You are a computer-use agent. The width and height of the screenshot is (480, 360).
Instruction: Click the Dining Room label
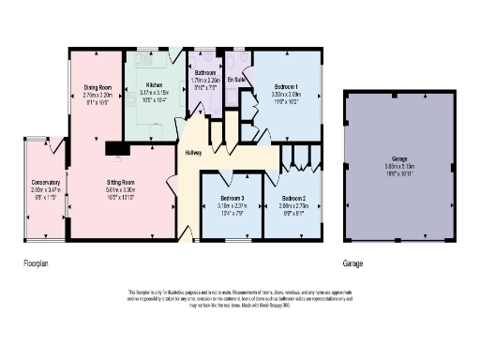pyautogui.click(x=97, y=88)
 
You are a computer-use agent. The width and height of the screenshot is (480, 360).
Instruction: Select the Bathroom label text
pyautogui.click(x=204, y=72)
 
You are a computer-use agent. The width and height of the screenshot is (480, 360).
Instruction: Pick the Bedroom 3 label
pyautogui.click(x=232, y=199)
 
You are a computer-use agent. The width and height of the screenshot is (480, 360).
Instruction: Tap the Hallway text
pyautogui.click(x=192, y=153)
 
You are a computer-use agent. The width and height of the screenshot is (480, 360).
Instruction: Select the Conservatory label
pyautogui.click(x=45, y=182)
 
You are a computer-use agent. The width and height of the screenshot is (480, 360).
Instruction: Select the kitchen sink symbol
pyautogui.click(x=146, y=55)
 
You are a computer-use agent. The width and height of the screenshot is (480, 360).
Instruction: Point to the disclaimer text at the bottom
pyautogui.click(x=240, y=298)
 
